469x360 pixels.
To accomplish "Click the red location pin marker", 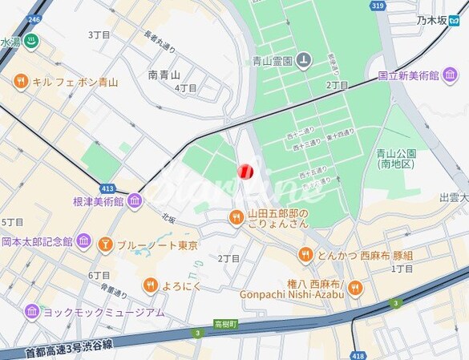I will (x=246, y=171).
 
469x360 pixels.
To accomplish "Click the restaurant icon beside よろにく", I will (x=151, y=284).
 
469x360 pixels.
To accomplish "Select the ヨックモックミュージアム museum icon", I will (x=32, y=311).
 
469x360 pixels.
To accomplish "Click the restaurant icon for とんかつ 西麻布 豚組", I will (x=305, y=254).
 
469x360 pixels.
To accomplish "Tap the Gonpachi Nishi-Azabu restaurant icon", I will (x=354, y=288).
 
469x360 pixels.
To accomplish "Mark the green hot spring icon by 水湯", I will (x=31, y=42).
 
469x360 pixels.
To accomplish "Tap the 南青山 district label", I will (x=164, y=75).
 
